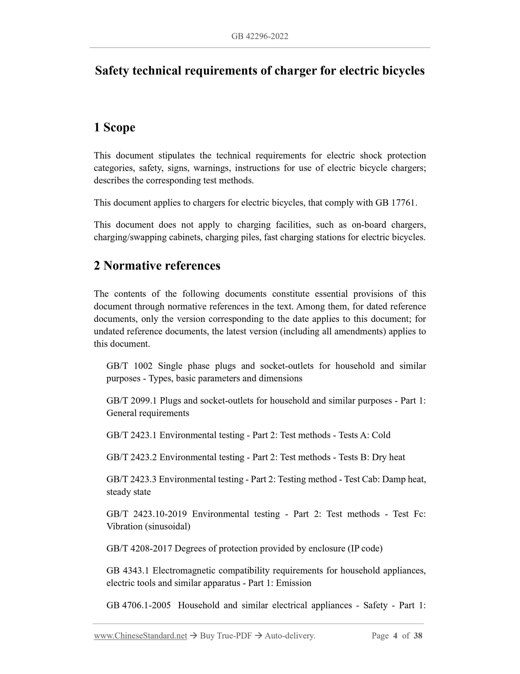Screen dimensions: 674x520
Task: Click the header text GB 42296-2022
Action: point(260,36)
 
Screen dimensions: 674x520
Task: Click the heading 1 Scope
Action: point(114,127)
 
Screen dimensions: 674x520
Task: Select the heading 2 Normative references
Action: point(157,266)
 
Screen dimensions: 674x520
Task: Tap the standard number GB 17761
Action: point(395,203)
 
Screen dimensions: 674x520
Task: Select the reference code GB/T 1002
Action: point(130,366)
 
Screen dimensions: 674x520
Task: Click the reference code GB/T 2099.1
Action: point(131,400)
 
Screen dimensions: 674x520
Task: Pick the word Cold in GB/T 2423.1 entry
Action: point(381,435)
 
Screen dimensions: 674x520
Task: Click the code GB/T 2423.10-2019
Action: point(146,514)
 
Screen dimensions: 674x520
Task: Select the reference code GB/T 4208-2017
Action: point(139,548)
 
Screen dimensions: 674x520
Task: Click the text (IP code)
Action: point(365,548)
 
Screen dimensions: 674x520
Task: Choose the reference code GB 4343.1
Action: point(127,571)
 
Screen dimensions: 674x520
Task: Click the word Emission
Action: point(293,583)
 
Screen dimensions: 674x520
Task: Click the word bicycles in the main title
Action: point(400,71)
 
